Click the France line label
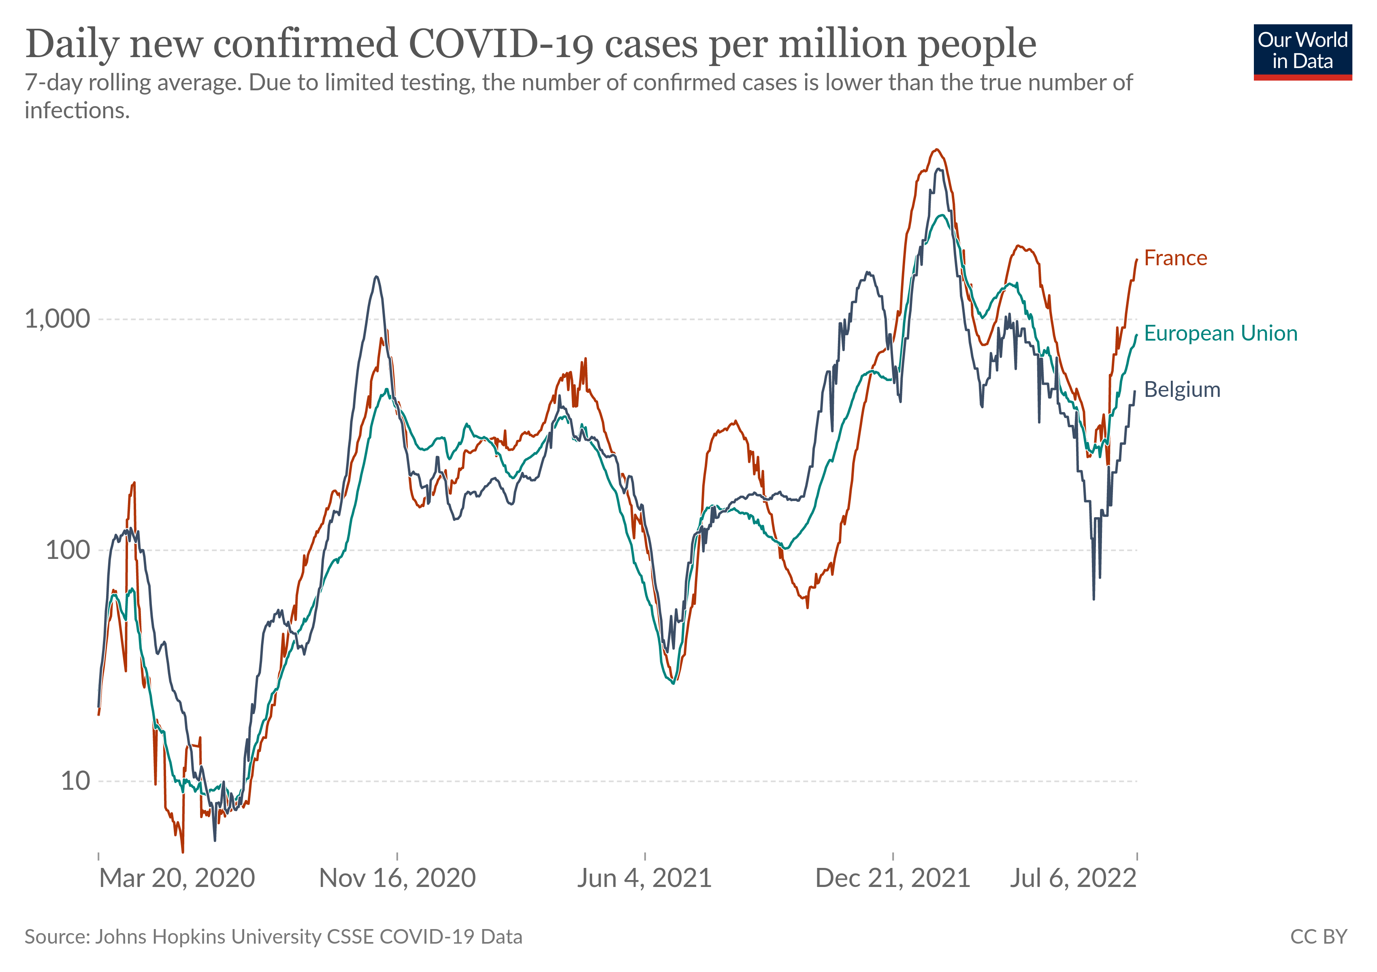(1175, 258)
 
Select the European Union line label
(1220, 333)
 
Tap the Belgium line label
(1181, 390)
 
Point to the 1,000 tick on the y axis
(57, 319)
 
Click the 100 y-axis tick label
(67, 550)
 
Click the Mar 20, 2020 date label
(177, 878)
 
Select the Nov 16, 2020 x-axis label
(397, 878)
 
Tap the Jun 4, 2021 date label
(644, 878)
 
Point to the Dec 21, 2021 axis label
(892, 878)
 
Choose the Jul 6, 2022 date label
(1073, 878)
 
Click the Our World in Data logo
(1302, 51)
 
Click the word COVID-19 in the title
(501, 45)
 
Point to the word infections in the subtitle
(77, 111)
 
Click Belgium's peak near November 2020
(376, 277)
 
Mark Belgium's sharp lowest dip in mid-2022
(1093, 599)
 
